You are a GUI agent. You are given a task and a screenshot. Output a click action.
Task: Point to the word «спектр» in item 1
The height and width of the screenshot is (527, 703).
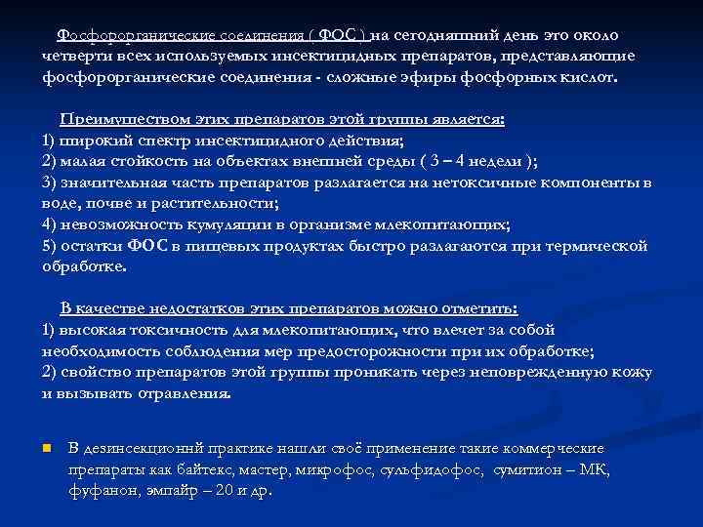pos(160,141)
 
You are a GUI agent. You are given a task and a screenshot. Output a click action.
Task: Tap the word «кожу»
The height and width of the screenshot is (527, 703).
pos(632,372)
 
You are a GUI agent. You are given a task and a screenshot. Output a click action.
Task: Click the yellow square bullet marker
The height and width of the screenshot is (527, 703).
pos(46,449)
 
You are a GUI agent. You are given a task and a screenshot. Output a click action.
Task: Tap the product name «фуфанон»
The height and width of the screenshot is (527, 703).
pos(100,491)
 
